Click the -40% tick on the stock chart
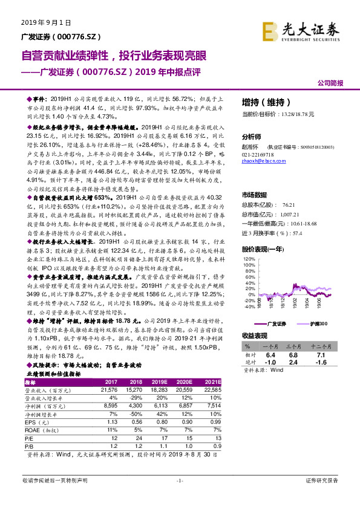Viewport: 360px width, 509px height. (248, 306)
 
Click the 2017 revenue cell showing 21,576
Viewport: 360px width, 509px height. (111, 391)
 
